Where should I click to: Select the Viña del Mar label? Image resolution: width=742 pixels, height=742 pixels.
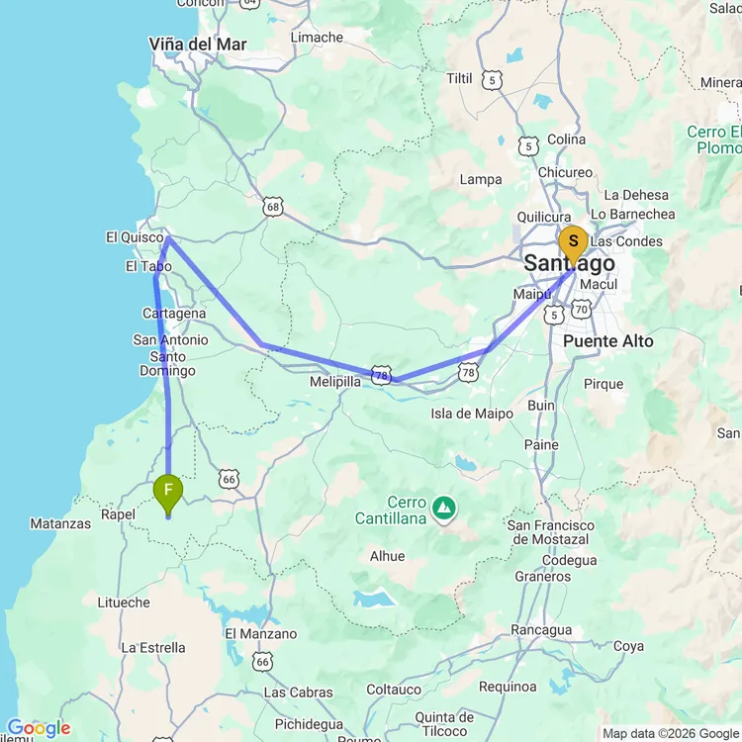tap(197, 45)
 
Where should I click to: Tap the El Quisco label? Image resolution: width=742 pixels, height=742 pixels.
tap(135, 237)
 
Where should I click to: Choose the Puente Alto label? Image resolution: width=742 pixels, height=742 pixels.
tap(607, 340)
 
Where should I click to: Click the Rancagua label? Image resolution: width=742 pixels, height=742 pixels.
tap(541, 630)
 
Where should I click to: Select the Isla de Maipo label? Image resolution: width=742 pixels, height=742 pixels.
tap(472, 414)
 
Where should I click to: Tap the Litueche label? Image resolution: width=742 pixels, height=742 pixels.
tap(124, 603)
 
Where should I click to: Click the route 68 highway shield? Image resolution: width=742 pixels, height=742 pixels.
tap(273, 207)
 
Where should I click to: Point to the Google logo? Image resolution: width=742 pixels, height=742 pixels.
tap(38, 729)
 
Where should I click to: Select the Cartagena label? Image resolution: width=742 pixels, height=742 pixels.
tap(174, 314)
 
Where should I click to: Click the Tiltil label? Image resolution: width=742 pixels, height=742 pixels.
tap(460, 78)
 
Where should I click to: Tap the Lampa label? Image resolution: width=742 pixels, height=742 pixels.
tap(481, 180)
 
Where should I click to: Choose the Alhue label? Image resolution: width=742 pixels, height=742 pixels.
tap(387, 556)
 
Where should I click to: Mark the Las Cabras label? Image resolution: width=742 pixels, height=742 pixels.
tap(298, 693)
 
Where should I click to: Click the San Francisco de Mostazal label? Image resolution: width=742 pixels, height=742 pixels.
tap(549, 532)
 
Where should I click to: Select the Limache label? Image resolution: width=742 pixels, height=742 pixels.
tap(317, 38)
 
